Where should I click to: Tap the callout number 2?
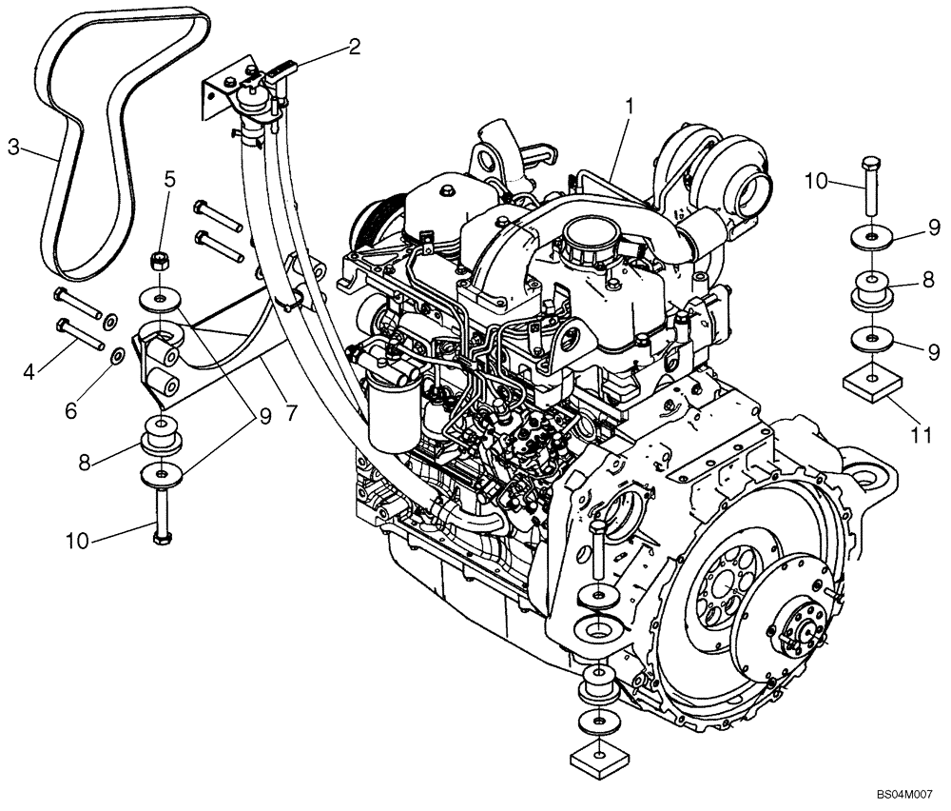tap(354, 47)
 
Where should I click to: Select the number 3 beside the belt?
tap(13, 147)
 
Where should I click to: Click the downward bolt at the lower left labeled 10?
tap(161, 514)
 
